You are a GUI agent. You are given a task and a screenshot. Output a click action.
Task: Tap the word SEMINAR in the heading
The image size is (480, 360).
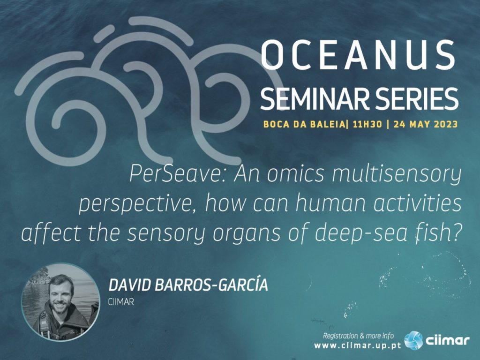pos(312,98)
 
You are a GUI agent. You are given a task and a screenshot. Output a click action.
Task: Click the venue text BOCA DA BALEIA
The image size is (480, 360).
pos(304,124)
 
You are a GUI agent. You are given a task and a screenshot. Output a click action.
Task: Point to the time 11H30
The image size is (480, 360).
pos(367,124)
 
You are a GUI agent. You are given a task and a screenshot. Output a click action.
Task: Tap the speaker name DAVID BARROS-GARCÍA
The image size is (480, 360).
pos(188,285)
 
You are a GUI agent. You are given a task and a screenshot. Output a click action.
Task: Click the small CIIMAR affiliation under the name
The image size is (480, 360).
pos(121,302)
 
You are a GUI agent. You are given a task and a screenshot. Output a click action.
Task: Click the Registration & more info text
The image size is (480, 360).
pos(359,336)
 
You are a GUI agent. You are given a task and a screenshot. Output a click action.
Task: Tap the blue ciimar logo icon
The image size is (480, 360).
pos(413,340)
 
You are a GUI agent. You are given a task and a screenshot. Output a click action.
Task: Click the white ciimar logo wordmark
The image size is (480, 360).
pos(447,340)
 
